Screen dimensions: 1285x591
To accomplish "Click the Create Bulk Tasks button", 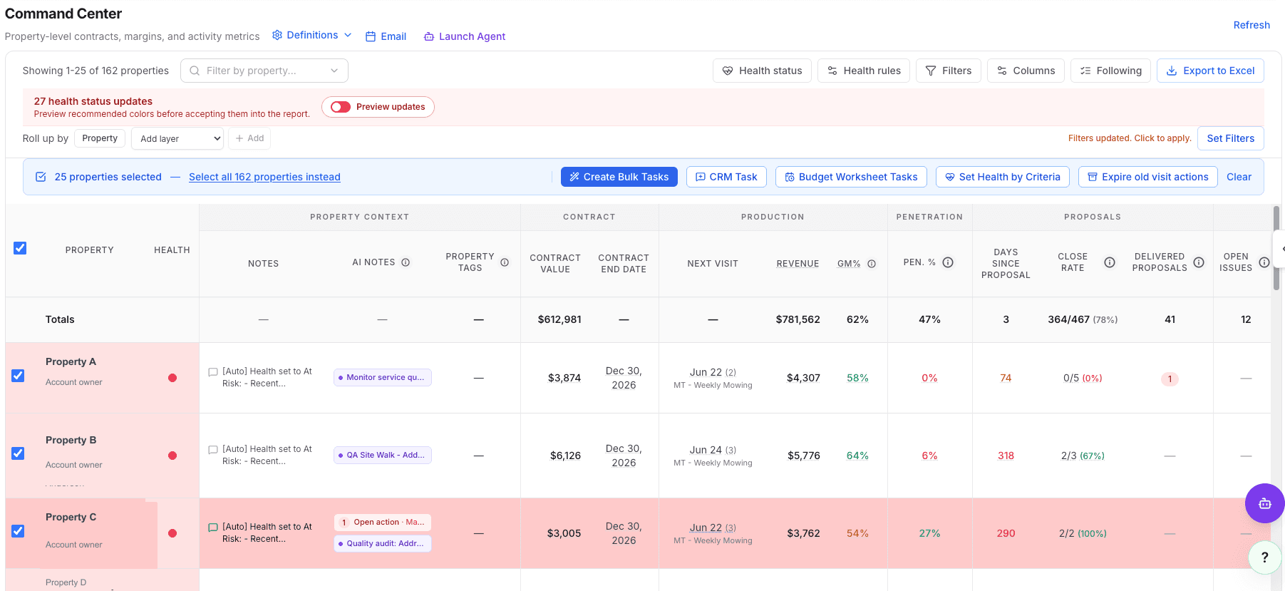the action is click(x=619, y=177).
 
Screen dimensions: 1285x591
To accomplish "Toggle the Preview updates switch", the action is click(x=341, y=107).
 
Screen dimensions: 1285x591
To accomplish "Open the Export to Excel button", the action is click(x=1210, y=71).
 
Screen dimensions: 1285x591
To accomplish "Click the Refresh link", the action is click(x=1252, y=25).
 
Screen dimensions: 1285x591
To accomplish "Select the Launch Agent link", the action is click(x=465, y=36).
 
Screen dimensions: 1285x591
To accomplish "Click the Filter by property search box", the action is click(x=264, y=71).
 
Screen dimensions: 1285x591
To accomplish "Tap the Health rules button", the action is click(x=864, y=71).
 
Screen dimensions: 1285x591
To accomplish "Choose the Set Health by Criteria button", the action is click(x=1002, y=177).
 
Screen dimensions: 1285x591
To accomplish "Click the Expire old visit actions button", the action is click(x=1147, y=177).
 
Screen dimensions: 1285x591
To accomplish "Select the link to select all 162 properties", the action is click(x=264, y=177).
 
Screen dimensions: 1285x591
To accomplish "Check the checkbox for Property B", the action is click(x=18, y=453).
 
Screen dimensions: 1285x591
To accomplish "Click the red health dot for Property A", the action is click(x=172, y=378).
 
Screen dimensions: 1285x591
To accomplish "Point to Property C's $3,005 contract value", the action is click(x=564, y=533).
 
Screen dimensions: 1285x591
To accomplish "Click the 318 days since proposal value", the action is click(x=1006, y=456).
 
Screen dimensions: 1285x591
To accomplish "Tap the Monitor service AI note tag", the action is click(x=383, y=377).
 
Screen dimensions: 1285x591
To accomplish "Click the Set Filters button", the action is click(x=1231, y=138).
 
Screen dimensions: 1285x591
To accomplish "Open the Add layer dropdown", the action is click(x=177, y=138).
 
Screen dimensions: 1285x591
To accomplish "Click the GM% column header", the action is click(x=849, y=263).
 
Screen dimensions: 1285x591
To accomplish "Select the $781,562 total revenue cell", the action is click(x=798, y=319).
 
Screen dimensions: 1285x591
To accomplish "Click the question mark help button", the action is click(x=1265, y=557).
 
